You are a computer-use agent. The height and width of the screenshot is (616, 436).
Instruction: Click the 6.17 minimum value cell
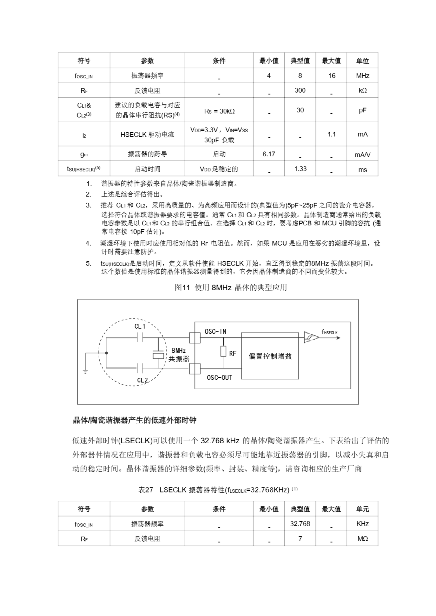(x=269, y=154)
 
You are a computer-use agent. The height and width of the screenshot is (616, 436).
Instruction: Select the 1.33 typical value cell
(x=300, y=169)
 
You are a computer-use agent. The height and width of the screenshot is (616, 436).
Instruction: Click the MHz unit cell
(x=362, y=76)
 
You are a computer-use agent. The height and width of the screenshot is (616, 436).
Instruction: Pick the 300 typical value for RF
(x=300, y=90)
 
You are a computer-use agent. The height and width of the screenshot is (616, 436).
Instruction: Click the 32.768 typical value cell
(x=300, y=523)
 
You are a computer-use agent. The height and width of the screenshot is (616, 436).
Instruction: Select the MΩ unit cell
(x=362, y=539)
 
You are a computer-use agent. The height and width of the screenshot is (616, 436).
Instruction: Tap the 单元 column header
(x=362, y=509)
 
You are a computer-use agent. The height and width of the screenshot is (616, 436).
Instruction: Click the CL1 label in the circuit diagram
(x=140, y=327)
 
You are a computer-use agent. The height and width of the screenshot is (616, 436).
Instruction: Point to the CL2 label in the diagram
(x=142, y=380)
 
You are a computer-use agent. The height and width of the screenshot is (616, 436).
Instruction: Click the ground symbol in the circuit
(x=86, y=372)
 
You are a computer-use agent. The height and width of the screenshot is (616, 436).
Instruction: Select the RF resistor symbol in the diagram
(x=223, y=351)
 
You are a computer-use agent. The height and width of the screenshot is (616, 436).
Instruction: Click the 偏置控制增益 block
(x=270, y=356)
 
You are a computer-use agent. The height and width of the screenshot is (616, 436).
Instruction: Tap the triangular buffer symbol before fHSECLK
(x=311, y=337)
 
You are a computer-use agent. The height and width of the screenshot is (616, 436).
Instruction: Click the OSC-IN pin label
(x=215, y=332)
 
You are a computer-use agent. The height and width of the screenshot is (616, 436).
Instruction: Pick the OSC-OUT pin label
(x=219, y=378)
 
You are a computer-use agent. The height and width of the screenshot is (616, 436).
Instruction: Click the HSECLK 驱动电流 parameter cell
(x=147, y=135)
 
